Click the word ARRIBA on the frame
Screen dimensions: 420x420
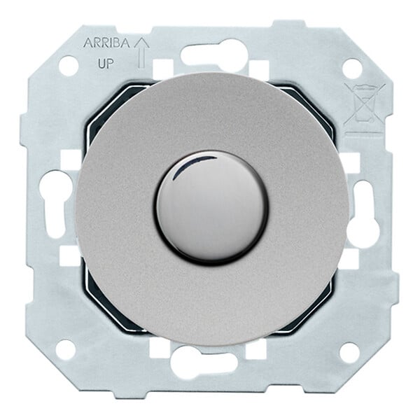point(107,43)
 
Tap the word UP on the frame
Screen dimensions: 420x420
point(106,64)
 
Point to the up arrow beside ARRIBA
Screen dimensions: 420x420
point(141,52)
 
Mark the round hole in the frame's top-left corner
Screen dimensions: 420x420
point(69,65)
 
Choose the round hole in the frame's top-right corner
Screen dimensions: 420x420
point(352,66)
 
